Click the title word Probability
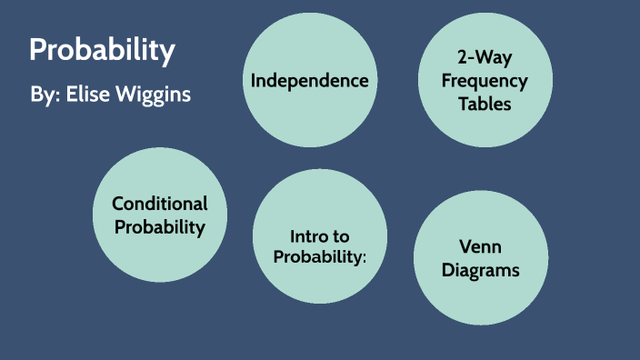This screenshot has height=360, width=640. [102, 50]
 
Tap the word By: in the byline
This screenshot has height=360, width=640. [44, 95]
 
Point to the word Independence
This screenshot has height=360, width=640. [309, 81]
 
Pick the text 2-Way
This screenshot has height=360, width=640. [485, 59]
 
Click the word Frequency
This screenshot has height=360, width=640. [485, 81]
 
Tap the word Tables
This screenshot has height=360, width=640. [485, 103]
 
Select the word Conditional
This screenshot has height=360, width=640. [160, 204]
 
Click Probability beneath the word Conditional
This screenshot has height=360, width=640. [160, 226]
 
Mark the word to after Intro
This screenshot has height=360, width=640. [341, 236]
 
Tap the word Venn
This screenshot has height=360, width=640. [481, 247]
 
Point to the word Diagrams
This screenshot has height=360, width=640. [481, 270]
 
